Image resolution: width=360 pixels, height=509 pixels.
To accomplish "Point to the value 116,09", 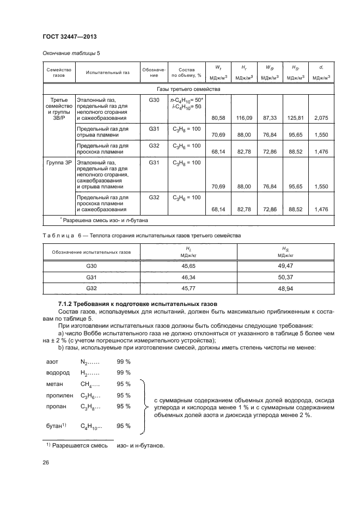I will point(243,118).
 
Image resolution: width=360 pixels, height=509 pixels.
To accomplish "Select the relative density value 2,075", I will point(321,118).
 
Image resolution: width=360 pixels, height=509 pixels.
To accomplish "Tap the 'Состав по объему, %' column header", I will point(186,73).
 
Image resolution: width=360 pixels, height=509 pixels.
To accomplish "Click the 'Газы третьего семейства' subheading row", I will point(188,89).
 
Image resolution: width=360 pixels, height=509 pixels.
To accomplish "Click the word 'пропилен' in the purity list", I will point(58,395).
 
